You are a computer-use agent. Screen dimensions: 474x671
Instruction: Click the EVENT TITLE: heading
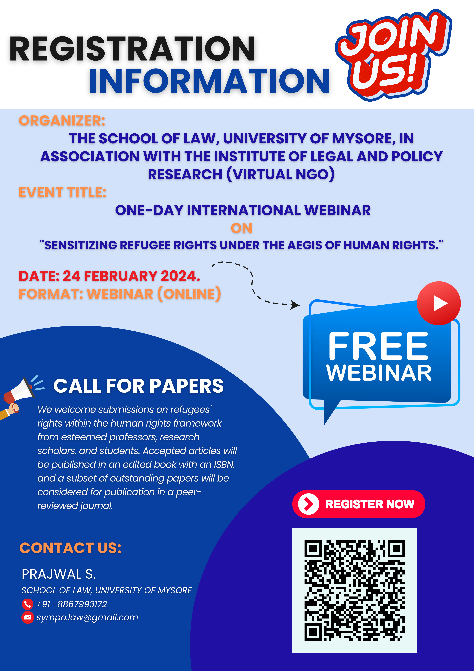pos(63,193)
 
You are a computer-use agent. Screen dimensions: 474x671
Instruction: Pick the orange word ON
pos(241,228)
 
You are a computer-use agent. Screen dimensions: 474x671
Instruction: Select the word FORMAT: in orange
pos(51,294)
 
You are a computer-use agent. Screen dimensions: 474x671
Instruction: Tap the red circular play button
pos(439,303)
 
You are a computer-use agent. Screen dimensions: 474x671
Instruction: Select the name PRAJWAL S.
pos(59,574)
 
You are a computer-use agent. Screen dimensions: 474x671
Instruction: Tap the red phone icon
pos(27,604)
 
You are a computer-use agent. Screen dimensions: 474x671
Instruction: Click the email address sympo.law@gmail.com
pos(87,618)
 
